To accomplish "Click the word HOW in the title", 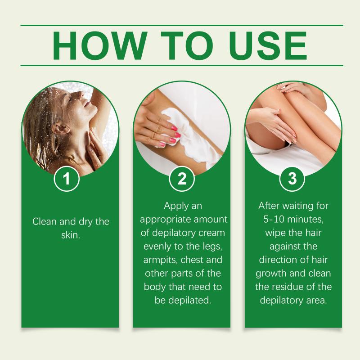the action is coord(100,45).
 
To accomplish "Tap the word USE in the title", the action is coord(268,45).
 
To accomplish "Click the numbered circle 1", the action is coord(67,179).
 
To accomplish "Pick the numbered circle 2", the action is coord(182,179).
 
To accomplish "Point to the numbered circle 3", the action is coord(292,179).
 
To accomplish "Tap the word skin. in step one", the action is coord(71,235).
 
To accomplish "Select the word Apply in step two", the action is coord(174,206).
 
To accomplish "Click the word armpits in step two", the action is coord(161,260).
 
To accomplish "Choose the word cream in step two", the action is coord(211,233).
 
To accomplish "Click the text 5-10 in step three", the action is coord(274,220).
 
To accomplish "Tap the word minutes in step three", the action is coord(306,220).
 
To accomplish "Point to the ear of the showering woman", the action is coord(61,128).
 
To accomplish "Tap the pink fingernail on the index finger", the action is coord(175,128).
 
